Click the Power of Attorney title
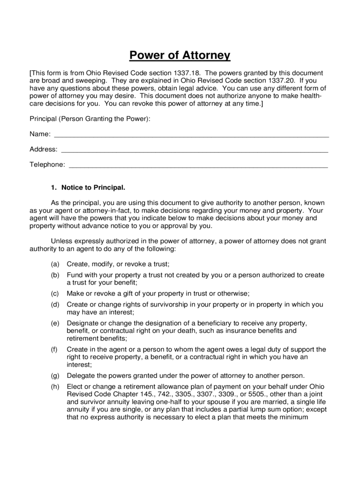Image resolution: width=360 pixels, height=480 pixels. (180, 56)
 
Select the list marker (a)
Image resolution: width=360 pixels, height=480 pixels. (55, 264)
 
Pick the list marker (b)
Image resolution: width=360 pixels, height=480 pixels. (55, 275)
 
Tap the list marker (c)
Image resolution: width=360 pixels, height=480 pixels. (55, 293)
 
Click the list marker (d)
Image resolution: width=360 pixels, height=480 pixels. (55, 304)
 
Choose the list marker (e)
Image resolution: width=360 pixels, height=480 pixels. (55, 323)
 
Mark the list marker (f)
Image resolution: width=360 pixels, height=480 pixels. (55, 349)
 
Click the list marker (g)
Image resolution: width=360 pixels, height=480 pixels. (55, 375)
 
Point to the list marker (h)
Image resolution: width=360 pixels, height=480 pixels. (55, 386)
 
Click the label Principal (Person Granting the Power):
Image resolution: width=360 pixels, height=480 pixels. (90, 119)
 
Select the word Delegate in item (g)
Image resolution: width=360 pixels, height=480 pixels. (81, 375)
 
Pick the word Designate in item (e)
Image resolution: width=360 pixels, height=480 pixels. (82, 323)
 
